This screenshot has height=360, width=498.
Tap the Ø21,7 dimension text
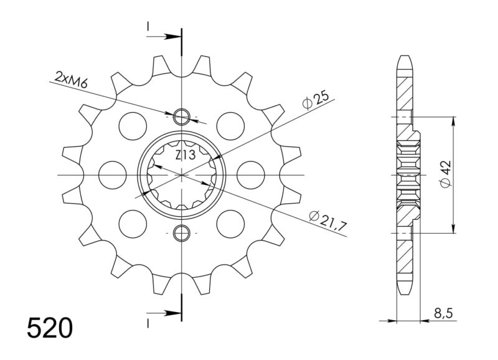click(327, 219)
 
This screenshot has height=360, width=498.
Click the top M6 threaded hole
click(182, 116)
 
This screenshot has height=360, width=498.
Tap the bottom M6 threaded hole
click(182, 234)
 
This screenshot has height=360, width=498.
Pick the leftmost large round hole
click(113, 174)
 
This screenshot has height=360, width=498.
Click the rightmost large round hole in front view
click(251, 174)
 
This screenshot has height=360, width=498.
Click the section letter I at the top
click(148, 26)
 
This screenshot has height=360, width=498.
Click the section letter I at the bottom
click(148, 322)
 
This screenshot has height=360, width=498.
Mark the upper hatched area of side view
click(404, 93)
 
